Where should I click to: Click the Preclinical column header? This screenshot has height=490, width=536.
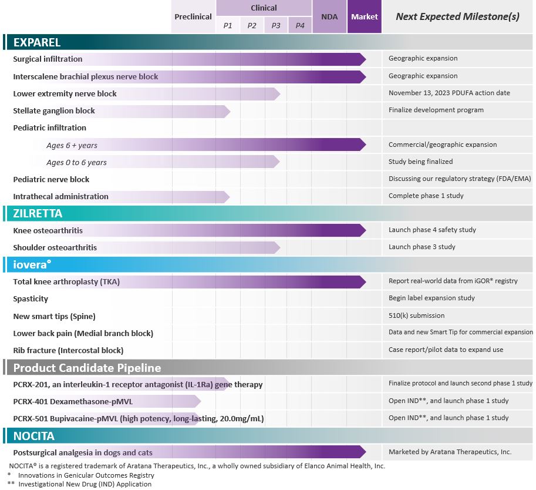point(193,16)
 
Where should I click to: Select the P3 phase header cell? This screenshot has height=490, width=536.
point(276,25)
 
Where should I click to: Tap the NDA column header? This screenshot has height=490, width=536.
point(329,16)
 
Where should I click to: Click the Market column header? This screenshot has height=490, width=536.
point(365,16)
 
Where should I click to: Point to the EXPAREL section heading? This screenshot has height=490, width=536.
point(37,42)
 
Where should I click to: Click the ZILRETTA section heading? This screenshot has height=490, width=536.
point(38,213)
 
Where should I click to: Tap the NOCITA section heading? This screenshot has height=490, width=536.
point(34,436)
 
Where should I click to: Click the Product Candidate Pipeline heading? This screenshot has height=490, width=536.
point(87,368)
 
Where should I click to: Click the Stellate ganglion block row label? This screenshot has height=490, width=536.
point(54,110)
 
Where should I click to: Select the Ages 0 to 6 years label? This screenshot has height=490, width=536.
point(76,162)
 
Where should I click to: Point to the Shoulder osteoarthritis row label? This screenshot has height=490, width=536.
point(55,247)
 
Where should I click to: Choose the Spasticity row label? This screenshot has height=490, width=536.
point(31,299)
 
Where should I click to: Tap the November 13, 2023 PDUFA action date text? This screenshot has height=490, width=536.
point(449,93)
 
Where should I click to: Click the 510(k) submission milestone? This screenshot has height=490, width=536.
point(416,316)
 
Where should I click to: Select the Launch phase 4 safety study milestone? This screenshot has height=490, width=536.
point(432,230)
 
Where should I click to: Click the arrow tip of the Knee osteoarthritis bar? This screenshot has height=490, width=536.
point(363,230)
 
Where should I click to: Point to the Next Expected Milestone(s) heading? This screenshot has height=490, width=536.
point(457,16)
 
